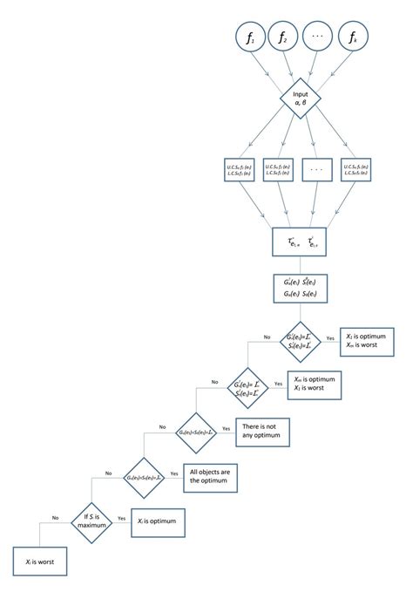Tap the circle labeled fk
click(353, 37)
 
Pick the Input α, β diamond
click(301, 102)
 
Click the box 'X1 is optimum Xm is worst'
click(366, 339)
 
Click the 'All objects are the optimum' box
click(209, 475)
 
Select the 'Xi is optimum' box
click(157, 519)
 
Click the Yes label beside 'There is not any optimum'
click(226, 426)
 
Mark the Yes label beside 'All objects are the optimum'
click(173, 472)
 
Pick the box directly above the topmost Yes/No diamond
click(301, 289)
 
